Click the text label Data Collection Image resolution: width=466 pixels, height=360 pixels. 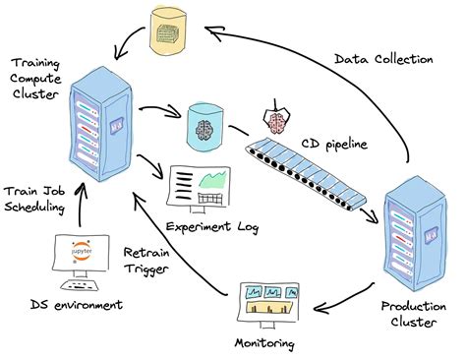coord(382,59)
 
